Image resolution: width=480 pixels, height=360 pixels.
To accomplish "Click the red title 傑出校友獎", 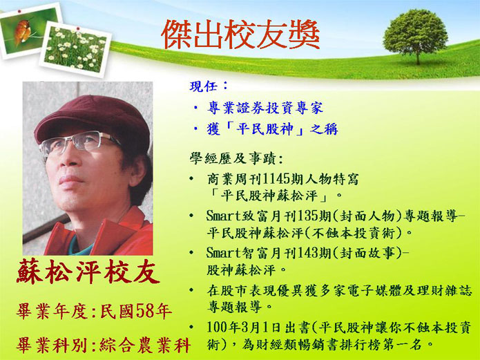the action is [x=240, y=35].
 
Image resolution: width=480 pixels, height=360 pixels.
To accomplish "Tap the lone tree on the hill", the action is [x=416, y=35].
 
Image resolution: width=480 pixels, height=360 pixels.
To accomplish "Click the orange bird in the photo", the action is [x=22, y=31].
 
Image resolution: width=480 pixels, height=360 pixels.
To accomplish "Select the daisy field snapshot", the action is [x=75, y=49].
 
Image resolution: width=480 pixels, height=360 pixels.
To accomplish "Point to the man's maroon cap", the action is [x=92, y=122].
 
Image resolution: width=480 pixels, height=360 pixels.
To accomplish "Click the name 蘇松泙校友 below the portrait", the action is [x=88, y=272].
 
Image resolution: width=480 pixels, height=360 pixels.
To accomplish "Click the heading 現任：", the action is [x=209, y=86].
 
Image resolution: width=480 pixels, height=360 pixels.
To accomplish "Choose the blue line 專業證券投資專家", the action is [x=265, y=108].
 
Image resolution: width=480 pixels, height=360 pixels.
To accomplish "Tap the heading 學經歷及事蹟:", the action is [x=236, y=159].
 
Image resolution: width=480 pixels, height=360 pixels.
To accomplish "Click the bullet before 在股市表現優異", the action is [x=191, y=290].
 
